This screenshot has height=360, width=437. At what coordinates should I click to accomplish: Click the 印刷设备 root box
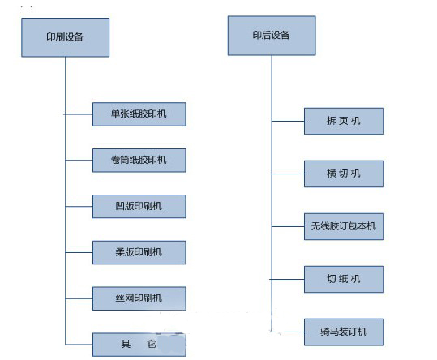click(65, 37)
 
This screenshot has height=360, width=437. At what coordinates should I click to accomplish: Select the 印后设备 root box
click(272, 36)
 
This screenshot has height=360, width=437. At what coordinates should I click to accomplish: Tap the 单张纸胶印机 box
click(139, 114)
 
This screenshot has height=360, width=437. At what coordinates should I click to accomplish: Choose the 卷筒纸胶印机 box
click(139, 161)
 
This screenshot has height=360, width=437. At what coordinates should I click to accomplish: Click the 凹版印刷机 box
click(139, 207)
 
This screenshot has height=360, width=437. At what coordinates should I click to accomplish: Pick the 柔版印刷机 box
click(139, 252)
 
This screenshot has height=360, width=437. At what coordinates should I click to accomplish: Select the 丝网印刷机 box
click(139, 298)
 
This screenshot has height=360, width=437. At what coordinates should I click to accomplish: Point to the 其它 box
click(139, 345)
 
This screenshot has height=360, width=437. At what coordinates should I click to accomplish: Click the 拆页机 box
click(344, 121)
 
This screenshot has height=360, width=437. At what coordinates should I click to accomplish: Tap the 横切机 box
click(344, 174)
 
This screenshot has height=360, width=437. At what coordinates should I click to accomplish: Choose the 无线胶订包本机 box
click(344, 226)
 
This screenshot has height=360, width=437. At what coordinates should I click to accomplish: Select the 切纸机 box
click(344, 279)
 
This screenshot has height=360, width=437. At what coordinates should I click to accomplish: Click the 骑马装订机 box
click(344, 332)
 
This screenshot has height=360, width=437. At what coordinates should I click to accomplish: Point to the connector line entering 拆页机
click(288, 121)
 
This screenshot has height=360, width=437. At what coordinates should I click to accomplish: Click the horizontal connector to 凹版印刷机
click(79, 207)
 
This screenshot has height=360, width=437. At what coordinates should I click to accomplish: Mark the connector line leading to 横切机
click(288, 174)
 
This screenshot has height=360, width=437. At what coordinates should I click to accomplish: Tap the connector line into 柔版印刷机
click(79, 252)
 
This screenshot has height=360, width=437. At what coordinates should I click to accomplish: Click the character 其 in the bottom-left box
click(126, 344)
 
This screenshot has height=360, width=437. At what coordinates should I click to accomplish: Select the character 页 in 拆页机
click(344, 121)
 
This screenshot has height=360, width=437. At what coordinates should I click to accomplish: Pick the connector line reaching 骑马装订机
click(288, 332)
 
